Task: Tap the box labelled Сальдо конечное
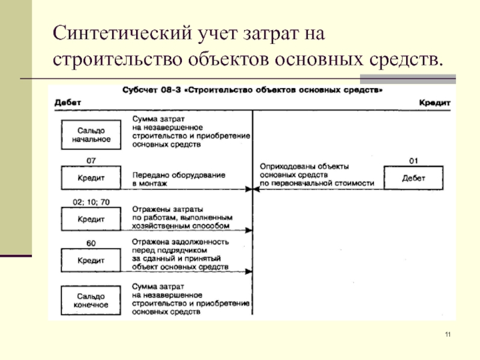click(x=90, y=301)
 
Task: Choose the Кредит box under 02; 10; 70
click(x=90, y=219)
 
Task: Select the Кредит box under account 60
click(x=90, y=261)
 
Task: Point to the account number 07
click(x=91, y=161)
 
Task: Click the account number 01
click(x=413, y=161)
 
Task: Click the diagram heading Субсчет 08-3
click(x=253, y=90)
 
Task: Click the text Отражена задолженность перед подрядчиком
click(x=180, y=247)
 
